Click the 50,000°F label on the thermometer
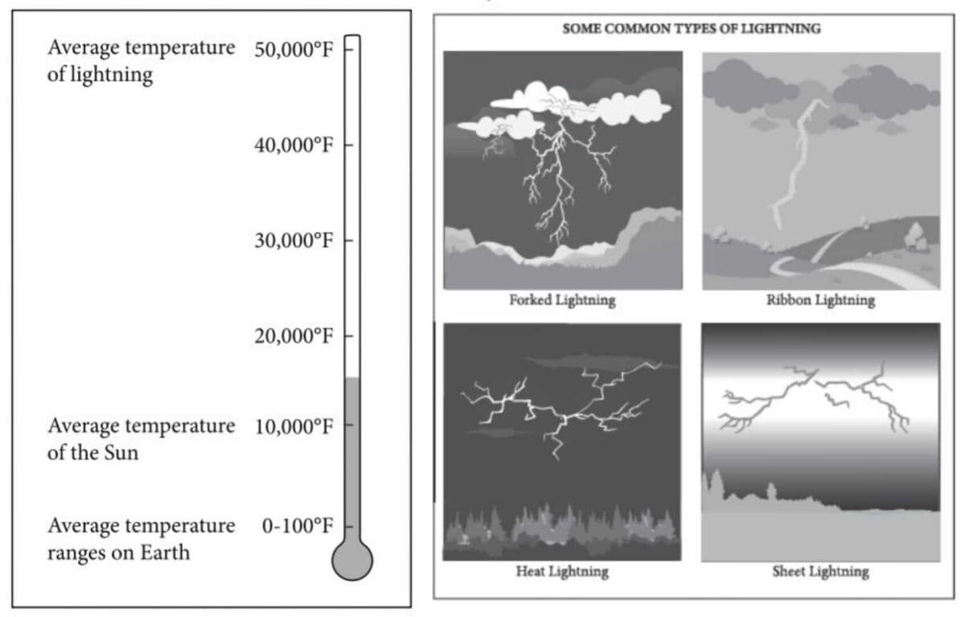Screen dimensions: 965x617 [294, 50]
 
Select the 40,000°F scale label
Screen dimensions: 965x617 [294, 145]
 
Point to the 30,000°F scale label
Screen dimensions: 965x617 [294, 240]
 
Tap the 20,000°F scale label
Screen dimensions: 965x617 [294, 335]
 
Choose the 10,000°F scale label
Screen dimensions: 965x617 [294, 426]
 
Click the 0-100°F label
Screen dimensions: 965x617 [298, 525]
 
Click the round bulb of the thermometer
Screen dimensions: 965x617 [352, 561]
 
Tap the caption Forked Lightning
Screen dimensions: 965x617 [562, 300]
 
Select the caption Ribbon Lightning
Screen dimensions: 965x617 [821, 300]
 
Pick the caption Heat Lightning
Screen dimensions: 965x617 [562, 572]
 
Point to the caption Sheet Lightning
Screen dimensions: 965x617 [820, 572]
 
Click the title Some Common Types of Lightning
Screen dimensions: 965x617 [692, 28]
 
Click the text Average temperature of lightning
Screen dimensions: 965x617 [142, 60]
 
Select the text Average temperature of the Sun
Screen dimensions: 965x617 [142, 439]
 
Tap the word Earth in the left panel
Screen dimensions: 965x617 [165, 553]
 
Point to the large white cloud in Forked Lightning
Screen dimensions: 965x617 [581, 104]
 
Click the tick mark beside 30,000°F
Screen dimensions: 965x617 [348, 240]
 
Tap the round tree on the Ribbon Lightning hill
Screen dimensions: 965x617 [914, 237]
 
